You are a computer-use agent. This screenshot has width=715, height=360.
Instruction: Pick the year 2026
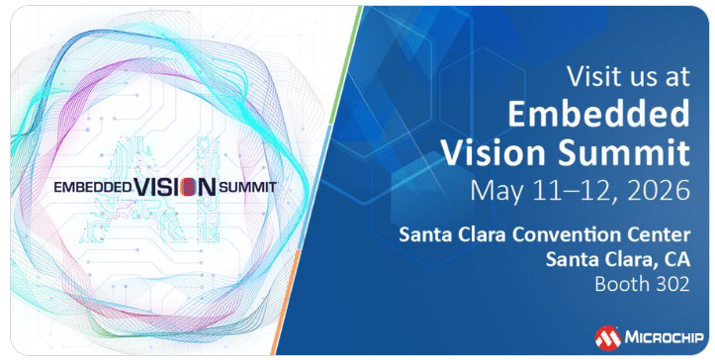pos(659,190)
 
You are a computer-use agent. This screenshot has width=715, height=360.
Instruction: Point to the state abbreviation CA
pos(676,259)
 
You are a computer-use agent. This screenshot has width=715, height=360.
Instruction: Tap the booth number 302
pos(672,284)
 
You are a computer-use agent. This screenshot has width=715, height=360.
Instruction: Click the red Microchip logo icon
pos(608,338)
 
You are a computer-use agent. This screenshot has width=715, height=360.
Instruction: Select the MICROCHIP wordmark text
pos(664,337)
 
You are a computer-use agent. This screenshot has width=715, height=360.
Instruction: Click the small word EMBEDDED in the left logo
pos(93,187)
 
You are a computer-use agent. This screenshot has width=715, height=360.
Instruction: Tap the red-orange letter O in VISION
pos(188,187)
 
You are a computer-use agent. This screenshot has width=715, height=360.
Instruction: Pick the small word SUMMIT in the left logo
pos(247,187)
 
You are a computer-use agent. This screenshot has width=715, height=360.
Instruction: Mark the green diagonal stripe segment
pos(345,65)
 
